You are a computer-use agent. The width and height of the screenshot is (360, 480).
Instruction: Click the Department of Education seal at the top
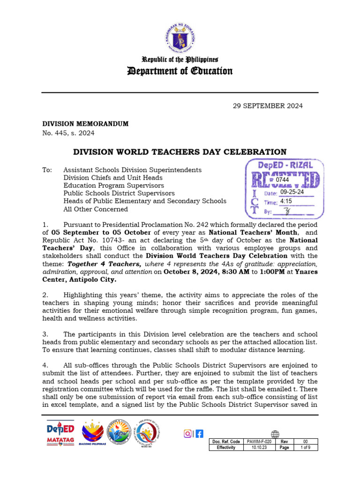(180, 33)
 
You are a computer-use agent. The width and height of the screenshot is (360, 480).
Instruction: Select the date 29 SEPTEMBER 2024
(268, 106)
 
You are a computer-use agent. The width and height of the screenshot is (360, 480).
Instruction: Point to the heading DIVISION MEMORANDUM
(85, 124)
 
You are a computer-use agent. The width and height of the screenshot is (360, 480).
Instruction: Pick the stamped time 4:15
(285, 201)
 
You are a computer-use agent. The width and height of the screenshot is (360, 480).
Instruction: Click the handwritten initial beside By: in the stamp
(288, 211)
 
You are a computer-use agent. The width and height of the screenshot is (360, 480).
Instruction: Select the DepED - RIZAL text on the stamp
(285, 165)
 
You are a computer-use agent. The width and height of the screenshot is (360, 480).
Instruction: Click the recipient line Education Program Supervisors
(113, 186)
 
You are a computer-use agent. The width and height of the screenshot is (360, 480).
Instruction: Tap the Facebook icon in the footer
(199, 434)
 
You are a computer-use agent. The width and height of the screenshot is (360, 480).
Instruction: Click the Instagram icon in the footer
(187, 434)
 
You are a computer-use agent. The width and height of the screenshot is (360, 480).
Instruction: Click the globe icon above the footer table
(275, 434)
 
